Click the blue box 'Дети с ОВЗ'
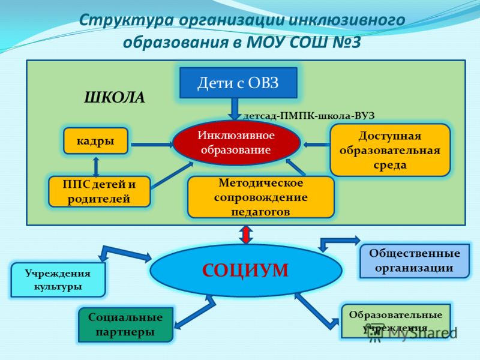pyautogui.click(x=238, y=83)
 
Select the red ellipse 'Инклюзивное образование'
pyautogui.click(x=236, y=143)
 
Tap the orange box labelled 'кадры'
pyautogui.click(x=95, y=141)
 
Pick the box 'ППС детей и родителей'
pyautogui.click(x=99, y=191)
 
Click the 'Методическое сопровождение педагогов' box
pyautogui.click(x=260, y=197)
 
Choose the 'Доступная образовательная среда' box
pyautogui.click(x=390, y=150)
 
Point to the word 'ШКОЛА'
pyautogui.click(x=114, y=98)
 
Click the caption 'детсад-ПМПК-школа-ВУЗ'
pyautogui.click(x=308, y=116)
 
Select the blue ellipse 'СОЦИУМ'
pyautogui.click(x=245, y=271)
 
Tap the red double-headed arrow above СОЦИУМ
pyautogui.click(x=246, y=235)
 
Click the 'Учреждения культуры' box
pyautogui.click(x=58, y=280)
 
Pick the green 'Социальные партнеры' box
pyautogui.click(x=125, y=325)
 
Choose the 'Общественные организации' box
pyautogui.click(x=414, y=261)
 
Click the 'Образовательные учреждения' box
pyautogui.click(x=396, y=321)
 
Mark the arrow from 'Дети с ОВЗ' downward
pyautogui.click(x=235, y=109)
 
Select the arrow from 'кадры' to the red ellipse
pyautogui.click(x=152, y=145)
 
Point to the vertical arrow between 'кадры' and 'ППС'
pyautogui.click(x=96, y=167)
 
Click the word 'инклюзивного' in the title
pyautogui.click(x=347, y=20)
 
